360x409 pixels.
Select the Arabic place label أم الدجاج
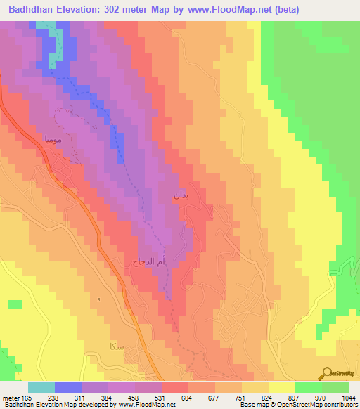pos(148,261)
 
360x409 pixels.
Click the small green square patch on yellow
pos(15,304)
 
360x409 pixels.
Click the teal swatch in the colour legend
pos(41,388)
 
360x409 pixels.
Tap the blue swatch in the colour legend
pos(68,388)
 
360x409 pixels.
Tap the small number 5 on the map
pos(99,300)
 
